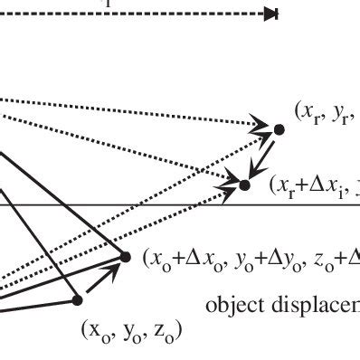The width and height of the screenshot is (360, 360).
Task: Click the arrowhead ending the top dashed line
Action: pos(270,14)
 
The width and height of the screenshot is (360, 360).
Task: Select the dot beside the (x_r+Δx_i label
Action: pos(244,185)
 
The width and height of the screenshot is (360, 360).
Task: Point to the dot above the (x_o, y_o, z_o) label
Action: pos(77,298)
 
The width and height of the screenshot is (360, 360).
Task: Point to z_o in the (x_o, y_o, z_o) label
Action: pos(162,331)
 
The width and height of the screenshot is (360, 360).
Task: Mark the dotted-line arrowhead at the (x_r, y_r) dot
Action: pos(263,125)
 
